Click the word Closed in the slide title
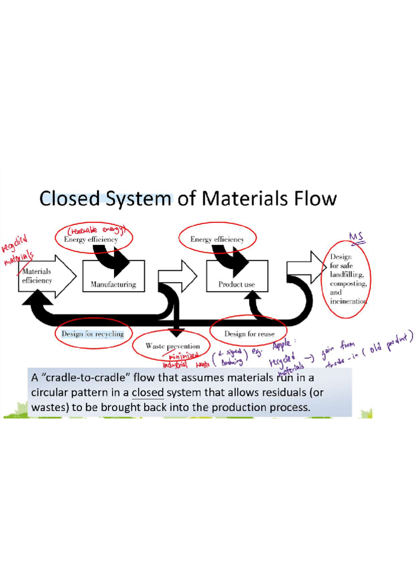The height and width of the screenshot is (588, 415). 70,199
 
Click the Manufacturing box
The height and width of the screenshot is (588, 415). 113,276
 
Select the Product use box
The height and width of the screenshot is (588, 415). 237,276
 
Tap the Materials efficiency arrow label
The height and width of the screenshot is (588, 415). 37,276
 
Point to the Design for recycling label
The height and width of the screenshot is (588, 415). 93,334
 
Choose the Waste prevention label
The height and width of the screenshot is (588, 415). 173,346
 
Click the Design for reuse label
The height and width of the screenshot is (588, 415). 249,334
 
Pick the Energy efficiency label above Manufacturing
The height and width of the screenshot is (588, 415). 91,239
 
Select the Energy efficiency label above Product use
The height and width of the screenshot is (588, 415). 217,239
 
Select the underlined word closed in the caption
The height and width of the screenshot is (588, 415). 148,393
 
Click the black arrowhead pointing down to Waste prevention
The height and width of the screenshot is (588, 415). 176,333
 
